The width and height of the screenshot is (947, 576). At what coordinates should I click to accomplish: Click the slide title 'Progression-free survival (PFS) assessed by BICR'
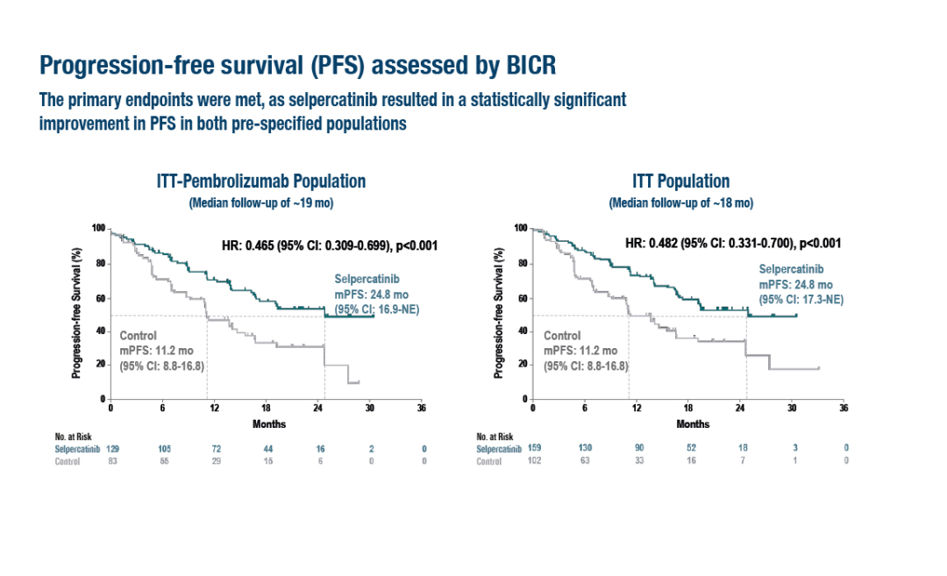point(298,66)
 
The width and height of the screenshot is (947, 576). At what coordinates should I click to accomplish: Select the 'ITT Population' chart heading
point(680,181)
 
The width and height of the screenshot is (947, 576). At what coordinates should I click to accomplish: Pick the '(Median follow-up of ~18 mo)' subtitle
point(681,203)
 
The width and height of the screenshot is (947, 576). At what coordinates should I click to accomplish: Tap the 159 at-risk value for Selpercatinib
point(535,449)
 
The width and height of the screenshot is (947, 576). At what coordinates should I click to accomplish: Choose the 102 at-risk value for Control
point(535,461)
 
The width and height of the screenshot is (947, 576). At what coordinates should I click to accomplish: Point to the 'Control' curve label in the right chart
point(562,335)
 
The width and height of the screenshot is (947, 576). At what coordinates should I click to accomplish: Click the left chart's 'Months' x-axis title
point(266,424)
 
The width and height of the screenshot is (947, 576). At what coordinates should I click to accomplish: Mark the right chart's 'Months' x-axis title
point(687,424)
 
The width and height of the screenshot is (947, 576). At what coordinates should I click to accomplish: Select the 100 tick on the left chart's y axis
point(99,229)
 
